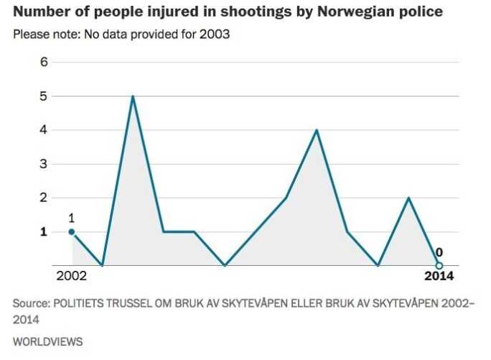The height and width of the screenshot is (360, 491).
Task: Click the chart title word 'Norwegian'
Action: (x=347, y=12)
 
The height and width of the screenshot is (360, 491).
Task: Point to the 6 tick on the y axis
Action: (x=43, y=63)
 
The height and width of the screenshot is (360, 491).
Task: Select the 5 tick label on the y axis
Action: (x=43, y=96)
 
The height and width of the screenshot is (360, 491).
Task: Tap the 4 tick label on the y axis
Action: (x=43, y=130)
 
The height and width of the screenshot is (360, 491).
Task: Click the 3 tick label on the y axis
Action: (x=43, y=164)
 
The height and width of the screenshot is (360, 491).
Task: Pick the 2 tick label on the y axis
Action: (x=43, y=198)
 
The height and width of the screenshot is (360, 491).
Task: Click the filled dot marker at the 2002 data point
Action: (x=71, y=231)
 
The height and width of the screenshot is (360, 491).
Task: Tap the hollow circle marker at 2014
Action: (x=439, y=265)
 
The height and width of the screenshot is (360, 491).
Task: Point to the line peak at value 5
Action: (x=133, y=96)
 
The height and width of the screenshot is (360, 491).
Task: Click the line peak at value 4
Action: (x=317, y=130)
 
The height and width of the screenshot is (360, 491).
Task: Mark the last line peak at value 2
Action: (x=408, y=198)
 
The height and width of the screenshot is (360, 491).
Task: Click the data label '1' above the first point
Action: (x=71, y=218)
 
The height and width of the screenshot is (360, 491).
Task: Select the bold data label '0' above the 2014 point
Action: (x=439, y=252)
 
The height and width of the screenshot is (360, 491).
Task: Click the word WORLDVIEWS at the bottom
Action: (x=47, y=341)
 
